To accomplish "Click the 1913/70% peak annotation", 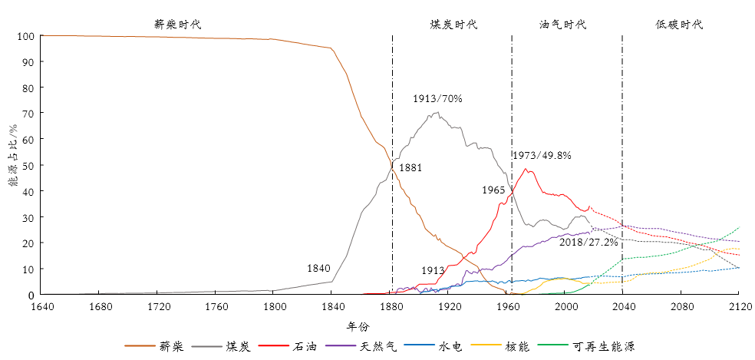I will (x=437, y=98).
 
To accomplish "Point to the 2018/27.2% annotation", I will (x=587, y=242).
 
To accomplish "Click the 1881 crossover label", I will (x=410, y=167).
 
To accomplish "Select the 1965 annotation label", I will (x=494, y=190).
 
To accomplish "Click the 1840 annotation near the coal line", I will (x=318, y=269).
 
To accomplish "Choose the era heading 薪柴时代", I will (x=177, y=25).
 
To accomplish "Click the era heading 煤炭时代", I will (x=453, y=25).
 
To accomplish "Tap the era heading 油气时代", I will (x=562, y=25).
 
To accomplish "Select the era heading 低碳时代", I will (x=679, y=25).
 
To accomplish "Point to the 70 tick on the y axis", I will (x=29, y=114).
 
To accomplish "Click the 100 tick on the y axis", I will (x=26, y=36).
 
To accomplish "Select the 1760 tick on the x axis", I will (x=216, y=307).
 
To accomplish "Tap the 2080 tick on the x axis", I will (x=681, y=307).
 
